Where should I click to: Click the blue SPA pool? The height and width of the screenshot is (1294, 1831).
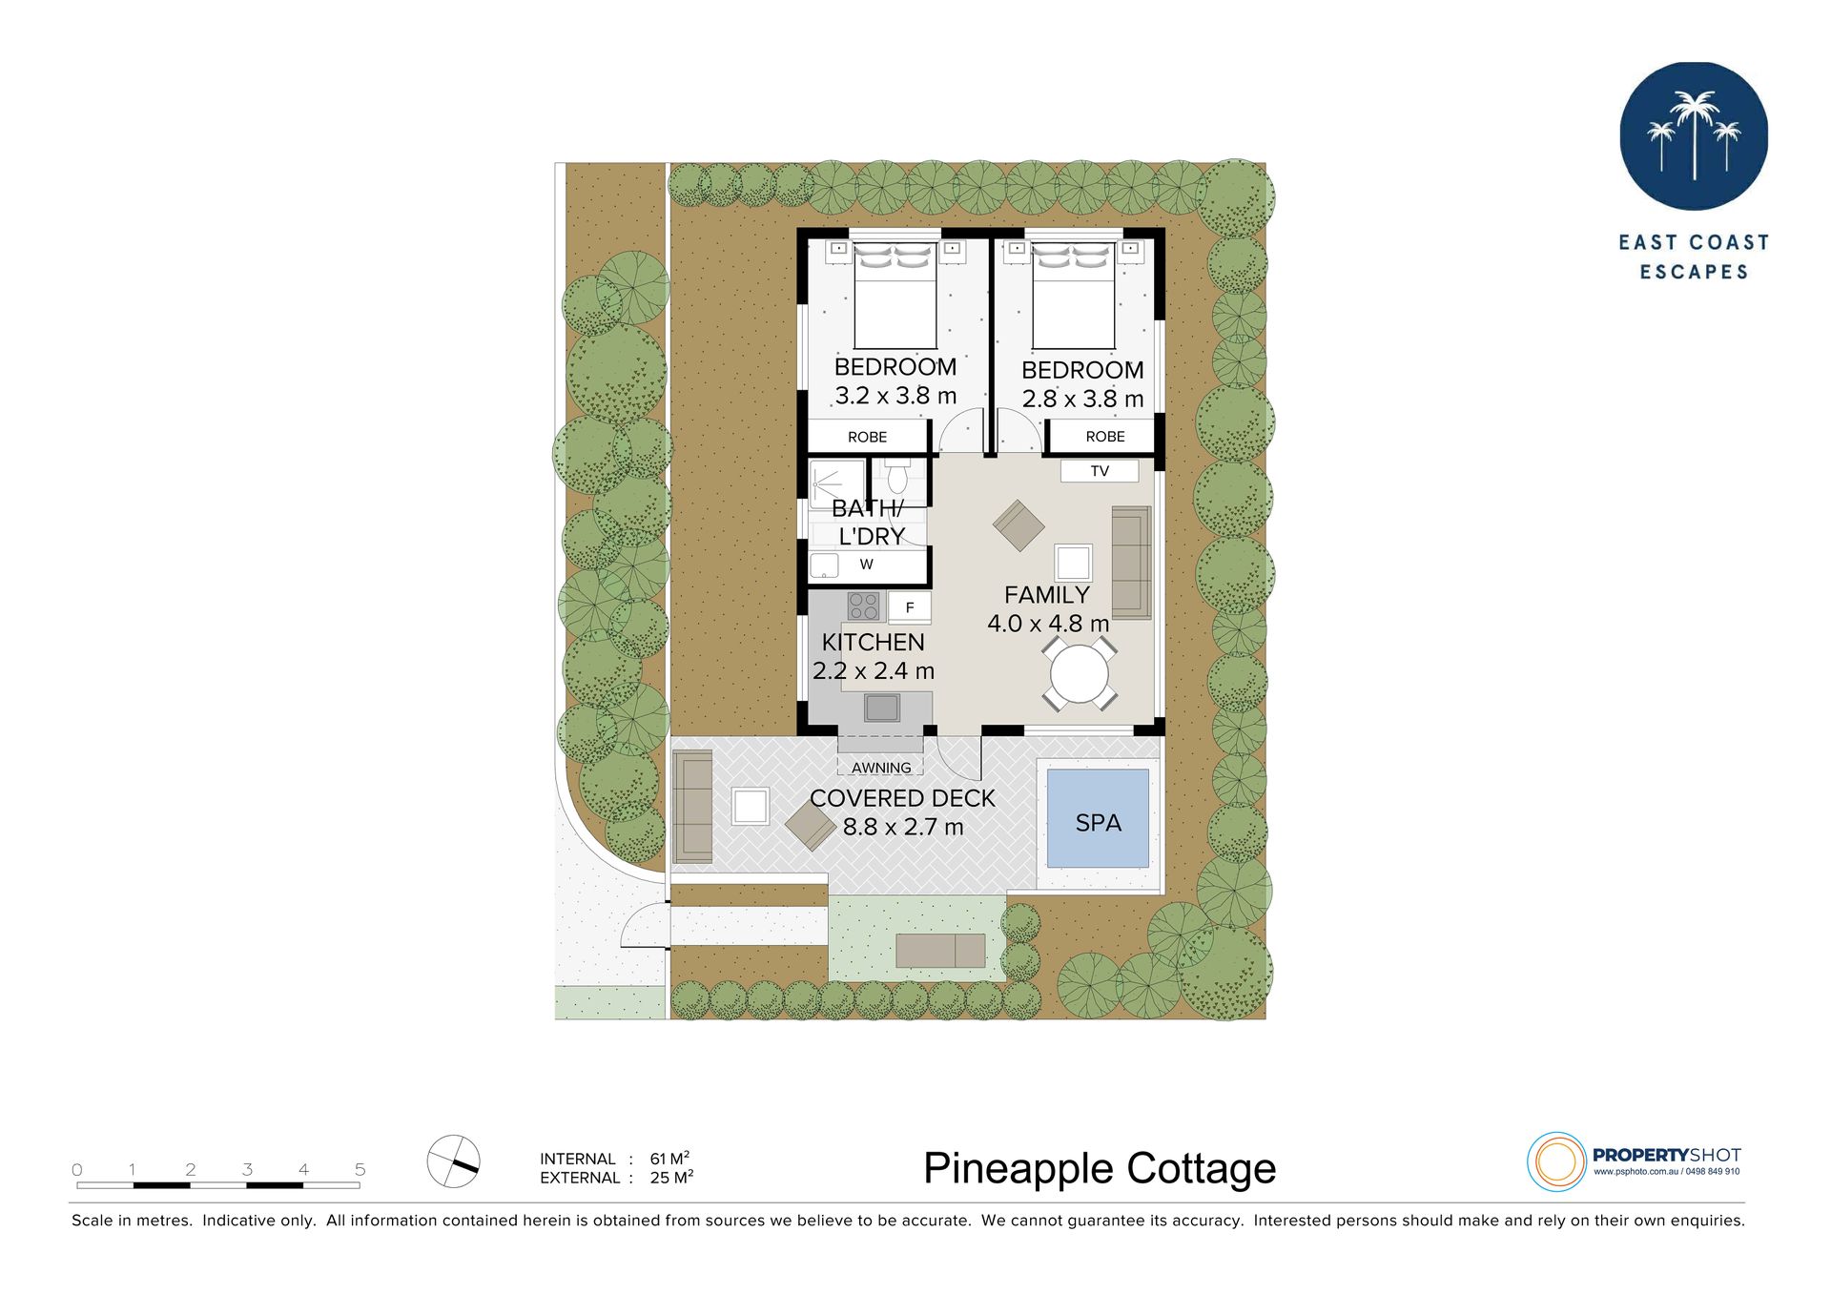coord(1098,818)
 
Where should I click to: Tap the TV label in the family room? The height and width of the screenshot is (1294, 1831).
coord(1100,471)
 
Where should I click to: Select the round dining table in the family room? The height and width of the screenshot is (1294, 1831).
coord(1080,674)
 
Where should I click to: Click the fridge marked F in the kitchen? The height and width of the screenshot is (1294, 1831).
coord(909,607)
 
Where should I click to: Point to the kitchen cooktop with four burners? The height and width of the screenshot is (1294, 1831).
coord(864,606)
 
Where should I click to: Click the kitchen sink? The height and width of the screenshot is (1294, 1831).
coord(882,708)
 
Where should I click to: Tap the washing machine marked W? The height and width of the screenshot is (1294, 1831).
coord(866,565)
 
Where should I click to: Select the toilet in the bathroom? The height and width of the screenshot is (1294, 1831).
coord(896,476)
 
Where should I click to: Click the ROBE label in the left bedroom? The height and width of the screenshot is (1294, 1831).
coord(867,437)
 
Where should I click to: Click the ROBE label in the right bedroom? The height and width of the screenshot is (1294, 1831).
coord(1105,437)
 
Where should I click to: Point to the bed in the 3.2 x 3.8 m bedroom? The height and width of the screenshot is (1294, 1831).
coord(895,295)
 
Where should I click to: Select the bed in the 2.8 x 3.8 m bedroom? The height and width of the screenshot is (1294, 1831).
coord(1074,295)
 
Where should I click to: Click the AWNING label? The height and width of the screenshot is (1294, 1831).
coord(881,768)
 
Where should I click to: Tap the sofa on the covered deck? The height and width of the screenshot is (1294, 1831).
coord(692,807)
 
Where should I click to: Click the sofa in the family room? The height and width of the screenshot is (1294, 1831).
coord(1132,563)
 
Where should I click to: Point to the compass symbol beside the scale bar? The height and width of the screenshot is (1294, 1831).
coord(454,1160)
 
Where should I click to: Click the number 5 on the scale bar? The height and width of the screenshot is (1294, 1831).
coord(360,1169)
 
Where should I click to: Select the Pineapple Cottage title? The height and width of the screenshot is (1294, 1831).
coord(1100,1168)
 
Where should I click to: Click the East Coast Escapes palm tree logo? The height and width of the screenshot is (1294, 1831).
coord(1694,136)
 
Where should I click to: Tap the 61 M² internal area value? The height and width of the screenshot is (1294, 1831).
coord(669,1159)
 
